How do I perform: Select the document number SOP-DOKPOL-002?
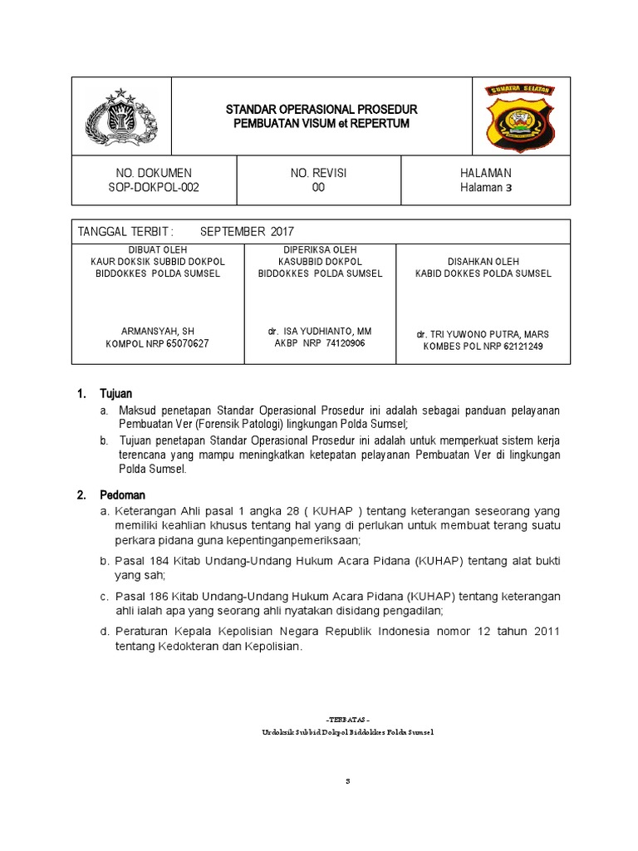[154, 188]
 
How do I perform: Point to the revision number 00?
[318, 188]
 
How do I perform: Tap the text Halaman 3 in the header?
[486, 188]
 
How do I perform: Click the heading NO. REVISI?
[318, 173]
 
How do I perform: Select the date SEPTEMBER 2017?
[247, 231]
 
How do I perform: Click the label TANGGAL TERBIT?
[123, 231]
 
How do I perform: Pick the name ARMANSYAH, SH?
[157, 331]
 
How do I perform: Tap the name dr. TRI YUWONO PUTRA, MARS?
[483, 334]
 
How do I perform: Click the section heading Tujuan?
[116, 393]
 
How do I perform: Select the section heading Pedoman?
[122, 495]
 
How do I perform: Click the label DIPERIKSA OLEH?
[320, 248]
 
